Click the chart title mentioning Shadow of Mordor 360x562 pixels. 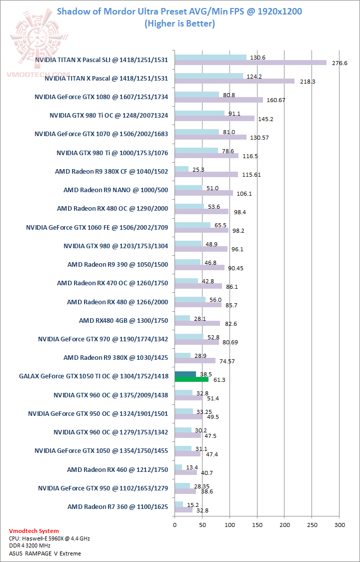pos(179,11)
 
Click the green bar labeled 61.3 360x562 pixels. pos(191,379)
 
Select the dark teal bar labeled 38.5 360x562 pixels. pos(185,374)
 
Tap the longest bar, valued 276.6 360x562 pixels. pos(250,63)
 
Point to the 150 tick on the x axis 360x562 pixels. pos(257,525)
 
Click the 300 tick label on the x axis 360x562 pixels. pos(339,525)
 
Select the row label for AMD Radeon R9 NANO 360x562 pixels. pos(115,190)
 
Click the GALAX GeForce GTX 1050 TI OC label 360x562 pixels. pos(93,376)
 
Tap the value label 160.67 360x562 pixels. pos(275,100)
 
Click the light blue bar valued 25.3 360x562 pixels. pos(181,169)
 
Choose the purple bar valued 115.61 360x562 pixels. pos(206,175)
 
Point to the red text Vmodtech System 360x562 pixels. pos(34,531)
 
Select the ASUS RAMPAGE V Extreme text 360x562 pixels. pos(45,553)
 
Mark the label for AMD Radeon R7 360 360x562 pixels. pos(117,507)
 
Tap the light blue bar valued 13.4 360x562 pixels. pos(178,467)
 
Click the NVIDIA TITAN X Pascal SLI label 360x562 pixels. pos(101,60)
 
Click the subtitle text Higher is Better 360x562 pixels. pos(179,23)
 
